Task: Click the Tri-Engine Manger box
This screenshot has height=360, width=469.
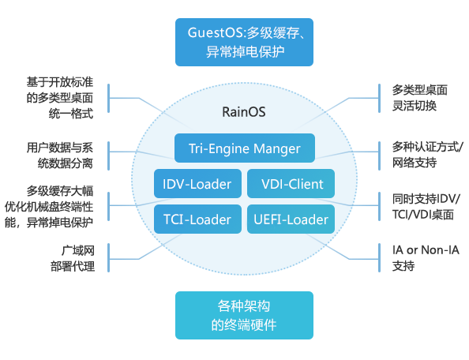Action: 245,148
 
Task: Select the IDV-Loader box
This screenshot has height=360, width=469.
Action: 197,184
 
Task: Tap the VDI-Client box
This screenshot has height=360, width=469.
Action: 291,184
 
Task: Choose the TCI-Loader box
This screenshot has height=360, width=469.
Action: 197,219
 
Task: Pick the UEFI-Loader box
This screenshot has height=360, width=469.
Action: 291,219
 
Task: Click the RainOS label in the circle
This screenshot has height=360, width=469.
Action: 244,112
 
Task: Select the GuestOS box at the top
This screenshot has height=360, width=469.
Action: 244,42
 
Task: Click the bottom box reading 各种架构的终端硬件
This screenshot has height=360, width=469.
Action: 244,316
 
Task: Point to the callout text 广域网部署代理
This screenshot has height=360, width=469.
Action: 73,258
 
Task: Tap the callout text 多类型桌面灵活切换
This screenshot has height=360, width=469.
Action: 420,98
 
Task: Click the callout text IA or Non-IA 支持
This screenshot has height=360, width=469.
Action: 426,257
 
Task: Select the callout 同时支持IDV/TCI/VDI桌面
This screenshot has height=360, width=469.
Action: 426,206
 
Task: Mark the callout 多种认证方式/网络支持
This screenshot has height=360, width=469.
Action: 428,155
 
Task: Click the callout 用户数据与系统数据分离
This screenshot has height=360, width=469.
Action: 60,156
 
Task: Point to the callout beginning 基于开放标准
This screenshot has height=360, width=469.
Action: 60,98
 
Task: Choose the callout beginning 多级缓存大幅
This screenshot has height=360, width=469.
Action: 49,207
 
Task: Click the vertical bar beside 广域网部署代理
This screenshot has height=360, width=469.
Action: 109,257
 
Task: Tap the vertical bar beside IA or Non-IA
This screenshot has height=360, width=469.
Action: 379,257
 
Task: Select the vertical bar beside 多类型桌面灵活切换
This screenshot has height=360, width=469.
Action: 379,99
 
